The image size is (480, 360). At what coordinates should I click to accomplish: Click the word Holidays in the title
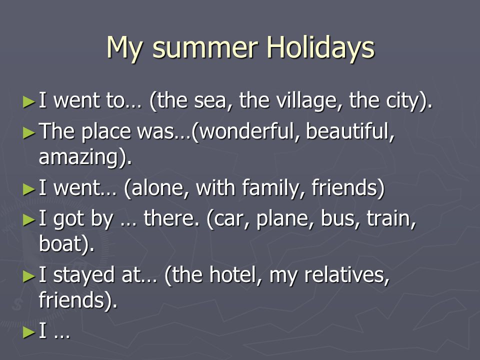pos(320,48)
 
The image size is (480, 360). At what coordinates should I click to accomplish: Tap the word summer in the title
pos(205,49)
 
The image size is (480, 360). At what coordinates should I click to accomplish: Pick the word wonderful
pos(247,131)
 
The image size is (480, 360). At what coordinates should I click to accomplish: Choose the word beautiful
pos(349,131)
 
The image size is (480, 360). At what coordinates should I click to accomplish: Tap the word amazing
pos(78,157)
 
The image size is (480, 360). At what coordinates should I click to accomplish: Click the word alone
pos(159,187)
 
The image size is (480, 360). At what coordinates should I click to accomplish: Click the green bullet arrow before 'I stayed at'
pos(29,276)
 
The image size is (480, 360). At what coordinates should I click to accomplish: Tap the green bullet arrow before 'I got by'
pos(29,220)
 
